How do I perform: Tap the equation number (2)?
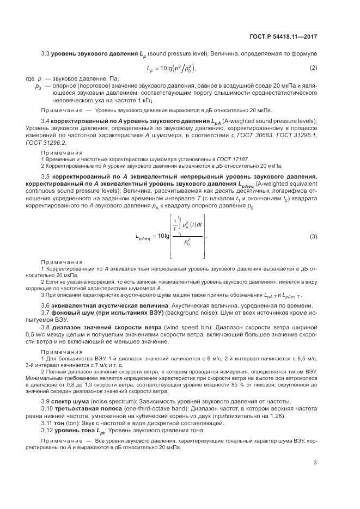[313, 68]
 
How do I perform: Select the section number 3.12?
[47, 430]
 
